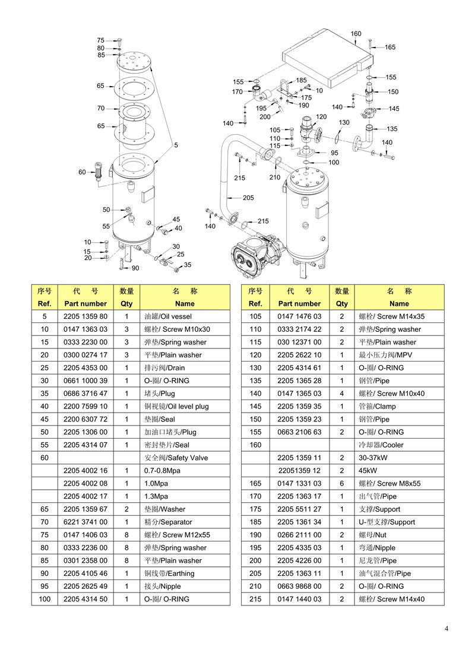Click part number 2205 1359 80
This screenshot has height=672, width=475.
click(85, 316)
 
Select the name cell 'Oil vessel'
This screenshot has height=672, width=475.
click(168, 316)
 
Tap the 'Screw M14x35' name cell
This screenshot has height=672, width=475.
click(391, 316)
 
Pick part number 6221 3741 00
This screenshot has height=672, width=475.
click(85, 522)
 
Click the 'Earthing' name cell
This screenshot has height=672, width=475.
click(169, 573)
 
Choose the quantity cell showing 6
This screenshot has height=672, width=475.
click(341, 483)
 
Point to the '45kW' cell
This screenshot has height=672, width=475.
click(368, 471)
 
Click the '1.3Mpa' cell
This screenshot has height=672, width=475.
click(156, 496)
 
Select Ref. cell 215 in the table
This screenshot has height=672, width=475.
click(255, 599)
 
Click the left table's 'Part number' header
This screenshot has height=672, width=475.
click(85, 303)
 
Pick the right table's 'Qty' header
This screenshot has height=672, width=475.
click(341, 303)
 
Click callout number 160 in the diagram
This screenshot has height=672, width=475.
click(356, 33)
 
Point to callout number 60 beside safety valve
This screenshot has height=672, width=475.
click(82, 172)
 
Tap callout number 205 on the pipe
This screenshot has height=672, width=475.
click(248, 198)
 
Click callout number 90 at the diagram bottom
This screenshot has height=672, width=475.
click(135, 268)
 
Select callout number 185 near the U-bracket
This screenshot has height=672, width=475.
click(302, 80)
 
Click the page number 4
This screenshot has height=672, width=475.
click(446, 629)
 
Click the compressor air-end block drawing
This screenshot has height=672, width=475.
click(257, 255)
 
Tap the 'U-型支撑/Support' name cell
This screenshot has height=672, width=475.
click(387, 522)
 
